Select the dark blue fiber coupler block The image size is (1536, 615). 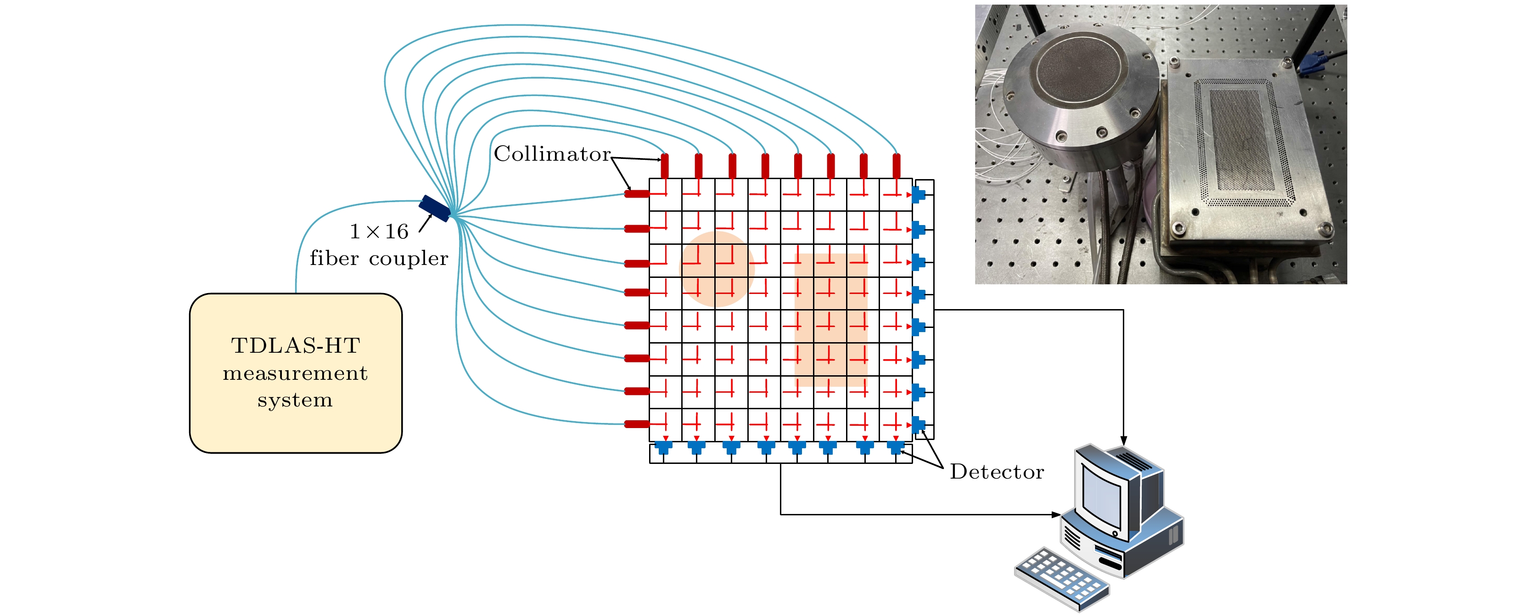click(x=435, y=208)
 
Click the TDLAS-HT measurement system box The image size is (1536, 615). click(x=296, y=373)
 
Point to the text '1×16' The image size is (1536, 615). click(x=379, y=231)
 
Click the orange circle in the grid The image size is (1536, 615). click(x=718, y=269)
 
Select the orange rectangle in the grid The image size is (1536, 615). click(x=830, y=320)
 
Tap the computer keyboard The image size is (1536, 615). click(x=1061, y=579)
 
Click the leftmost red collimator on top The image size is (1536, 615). click(x=665, y=165)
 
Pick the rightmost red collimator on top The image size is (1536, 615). click(x=896, y=165)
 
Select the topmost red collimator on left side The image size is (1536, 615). click(x=637, y=194)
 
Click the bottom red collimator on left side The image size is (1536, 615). click(x=637, y=424)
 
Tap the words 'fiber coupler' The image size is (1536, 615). click(x=379, y=258)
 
